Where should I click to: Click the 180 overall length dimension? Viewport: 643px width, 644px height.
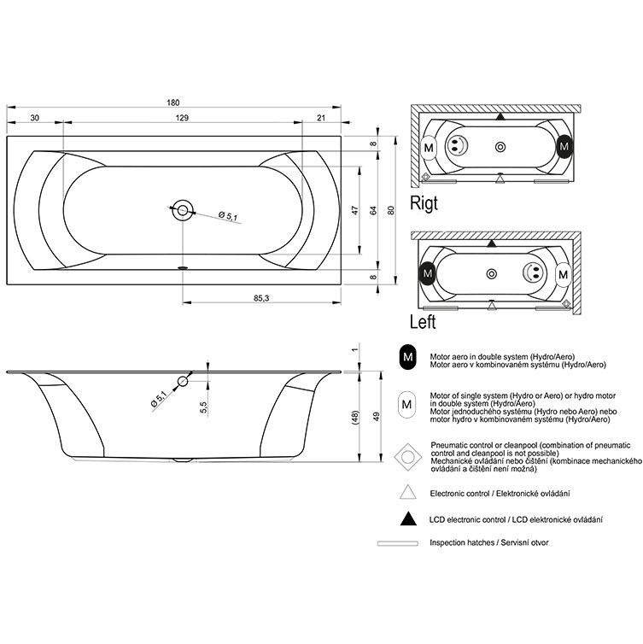pyautogui.click(x=173, y=102)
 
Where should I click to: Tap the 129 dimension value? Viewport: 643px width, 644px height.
pyautogui.click(x=182, y=118)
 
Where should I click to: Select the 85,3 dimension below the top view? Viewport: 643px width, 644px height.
pyautogui.click(x=261, y=298)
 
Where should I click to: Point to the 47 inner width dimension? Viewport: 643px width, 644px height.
pyautogui.click(x=355, y=210)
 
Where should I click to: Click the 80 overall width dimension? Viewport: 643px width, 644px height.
pyautogui.click(x=391, y=210)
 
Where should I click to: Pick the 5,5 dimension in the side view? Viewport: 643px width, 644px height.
pyautogui.click(x=203, y=407)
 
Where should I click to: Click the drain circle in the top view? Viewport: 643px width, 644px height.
pyautogui.click(x=183, y=211)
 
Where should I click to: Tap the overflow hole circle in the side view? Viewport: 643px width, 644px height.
pyautogui.click(x=183, y=382)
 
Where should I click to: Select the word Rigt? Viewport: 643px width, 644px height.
pyautogui.click(x=424, y=203)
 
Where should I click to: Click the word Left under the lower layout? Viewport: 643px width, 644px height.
pyautogui.click(x=423, y=322)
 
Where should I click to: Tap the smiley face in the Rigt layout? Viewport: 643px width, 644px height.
pyautogui.click(x=458, y=144)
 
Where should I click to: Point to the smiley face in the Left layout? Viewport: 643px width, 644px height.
pyautogui.click(x=534, y=272)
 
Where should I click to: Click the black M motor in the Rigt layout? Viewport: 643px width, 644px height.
pyautogui.click(x=564, y=147)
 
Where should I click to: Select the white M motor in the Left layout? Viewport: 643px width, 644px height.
pyautogui.click(x=564, y=274)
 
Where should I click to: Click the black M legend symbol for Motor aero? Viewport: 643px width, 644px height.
pyautogui.click(x=407, y=357)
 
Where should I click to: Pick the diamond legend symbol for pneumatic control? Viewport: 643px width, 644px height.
pyautogui.click(x=407, y=457)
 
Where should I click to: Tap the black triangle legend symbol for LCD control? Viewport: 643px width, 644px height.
pyautogui.click(x=408, y=518)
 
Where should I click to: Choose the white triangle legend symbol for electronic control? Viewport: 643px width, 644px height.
pyautogui.click(x=407, y=492)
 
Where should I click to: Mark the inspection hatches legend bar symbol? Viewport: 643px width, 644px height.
pyautogui.click(x=397, y=543)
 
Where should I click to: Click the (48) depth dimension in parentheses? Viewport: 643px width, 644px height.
pyautogui.click(x=355, y=417)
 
